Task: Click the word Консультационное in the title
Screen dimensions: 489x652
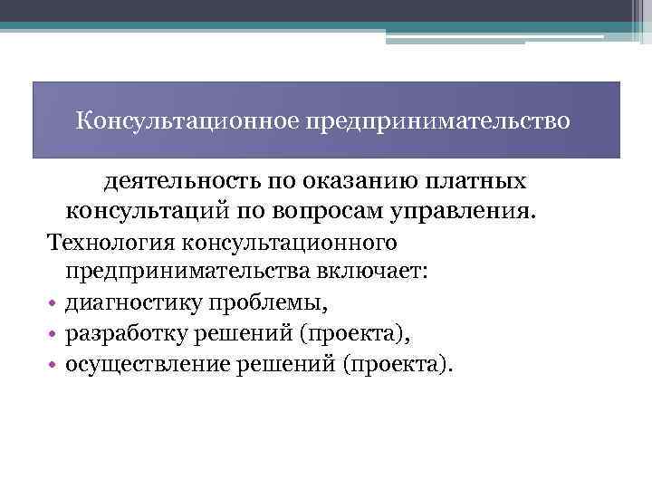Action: [187, 120]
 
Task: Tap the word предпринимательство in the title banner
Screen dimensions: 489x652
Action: [439, 120]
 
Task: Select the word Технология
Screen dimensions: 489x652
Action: [113, 242]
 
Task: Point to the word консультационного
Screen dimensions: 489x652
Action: [292, 242]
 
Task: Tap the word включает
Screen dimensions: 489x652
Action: [374, 272]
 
